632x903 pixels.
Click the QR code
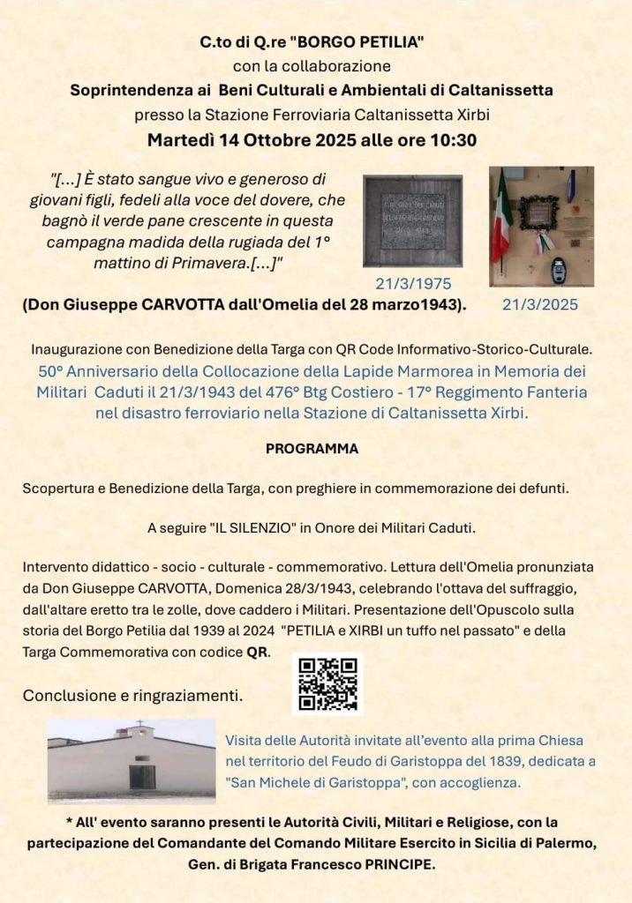(x=327, y=683)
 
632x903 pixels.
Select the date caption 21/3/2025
(x=540, y=305)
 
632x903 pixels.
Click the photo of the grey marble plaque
(x=412, y=220)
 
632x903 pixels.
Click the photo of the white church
(x=132, y=761)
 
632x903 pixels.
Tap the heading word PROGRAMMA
(x=312, y=449)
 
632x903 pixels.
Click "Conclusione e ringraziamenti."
(x=133, y=695)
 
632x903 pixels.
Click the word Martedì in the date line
(x=180, y=140)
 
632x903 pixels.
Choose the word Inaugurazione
(x=76, y=349)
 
